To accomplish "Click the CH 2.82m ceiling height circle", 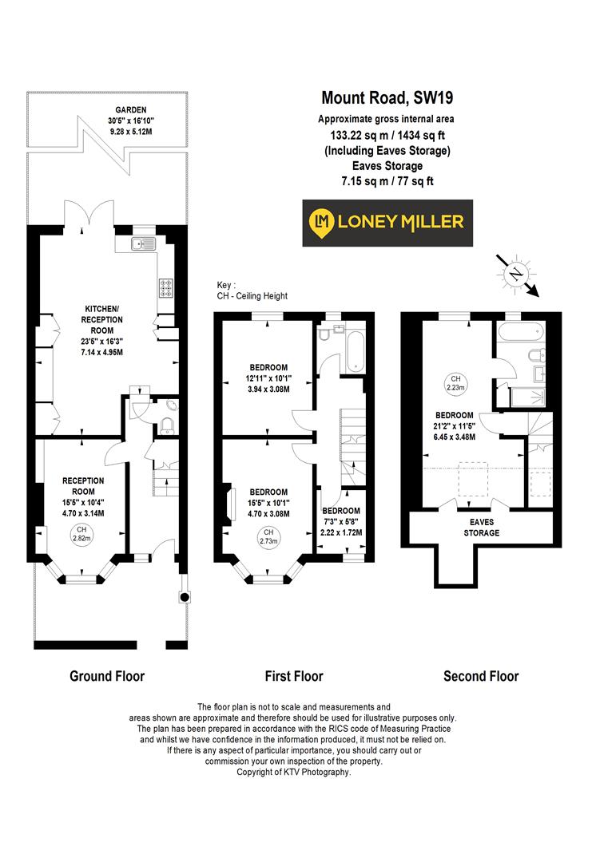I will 80,534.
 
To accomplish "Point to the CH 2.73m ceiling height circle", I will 268,536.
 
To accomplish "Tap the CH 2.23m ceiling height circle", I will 455,382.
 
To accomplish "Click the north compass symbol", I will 515,274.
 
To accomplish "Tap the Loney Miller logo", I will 387,223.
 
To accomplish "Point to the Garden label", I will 109,110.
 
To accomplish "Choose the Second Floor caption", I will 481,676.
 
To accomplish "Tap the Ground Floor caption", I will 107,676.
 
